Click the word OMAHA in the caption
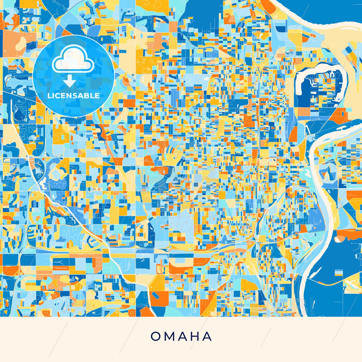click(181, 336)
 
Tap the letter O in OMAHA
click(156, 336)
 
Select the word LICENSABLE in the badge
click(73, 96)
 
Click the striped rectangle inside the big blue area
click(339, 273)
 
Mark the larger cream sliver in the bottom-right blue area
click(352, 287)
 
